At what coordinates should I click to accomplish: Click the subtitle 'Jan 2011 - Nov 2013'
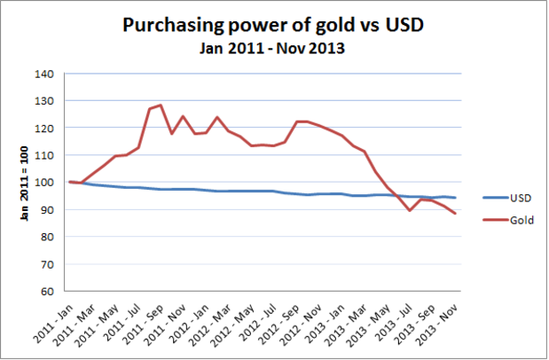click(273, 47)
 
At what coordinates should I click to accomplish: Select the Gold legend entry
click(511, 221)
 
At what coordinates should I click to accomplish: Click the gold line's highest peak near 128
click(161, 106)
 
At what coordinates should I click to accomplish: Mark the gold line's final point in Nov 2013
click(455, 214)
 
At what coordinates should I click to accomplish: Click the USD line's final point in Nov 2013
click(455, 198)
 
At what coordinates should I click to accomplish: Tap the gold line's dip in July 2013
click(410, 210)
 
